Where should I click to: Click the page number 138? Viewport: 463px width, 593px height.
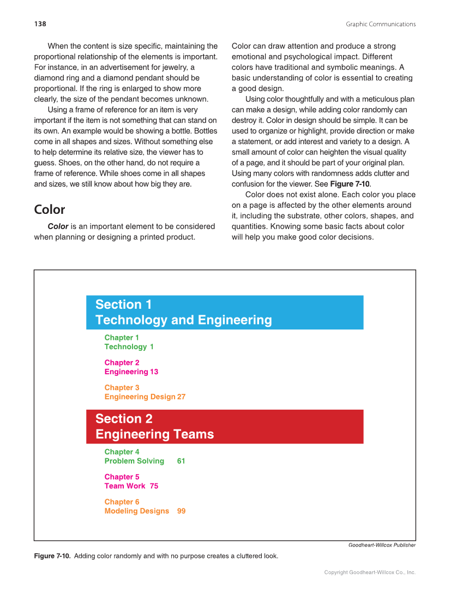tap(40, 24)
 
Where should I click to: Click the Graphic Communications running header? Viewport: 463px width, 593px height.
tap(380, 24)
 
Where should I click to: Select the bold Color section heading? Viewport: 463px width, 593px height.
tap(49, 209)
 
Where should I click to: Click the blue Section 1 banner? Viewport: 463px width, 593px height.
tap(225, 312)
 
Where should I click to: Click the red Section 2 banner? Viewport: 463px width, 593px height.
tap(225, 427)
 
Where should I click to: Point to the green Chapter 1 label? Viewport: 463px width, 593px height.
tap(122, 338)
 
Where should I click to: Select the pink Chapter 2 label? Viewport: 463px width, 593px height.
tap(122, 363)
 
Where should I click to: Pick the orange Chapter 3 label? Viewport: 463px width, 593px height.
tap(122, 388)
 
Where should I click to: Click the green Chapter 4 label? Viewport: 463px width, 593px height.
tap(122, 452)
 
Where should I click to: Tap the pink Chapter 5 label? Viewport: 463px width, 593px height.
tap(122, 477)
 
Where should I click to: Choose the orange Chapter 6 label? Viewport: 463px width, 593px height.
tap(122, 502)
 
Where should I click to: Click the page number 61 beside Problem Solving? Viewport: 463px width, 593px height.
tap(181, 461)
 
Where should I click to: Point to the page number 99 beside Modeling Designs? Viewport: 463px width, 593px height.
tap(181, 511)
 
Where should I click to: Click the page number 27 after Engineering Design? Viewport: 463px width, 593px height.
tap(181, 397)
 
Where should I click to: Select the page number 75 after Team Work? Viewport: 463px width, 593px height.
tap(154, 486)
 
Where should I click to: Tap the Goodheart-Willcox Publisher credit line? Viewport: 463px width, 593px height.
tap(382, 545)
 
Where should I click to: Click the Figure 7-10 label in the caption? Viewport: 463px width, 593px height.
tap(52, 556)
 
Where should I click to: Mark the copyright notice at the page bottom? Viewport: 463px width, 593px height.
tap(370, 572)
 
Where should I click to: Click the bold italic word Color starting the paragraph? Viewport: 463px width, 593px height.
tap(58, 226)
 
